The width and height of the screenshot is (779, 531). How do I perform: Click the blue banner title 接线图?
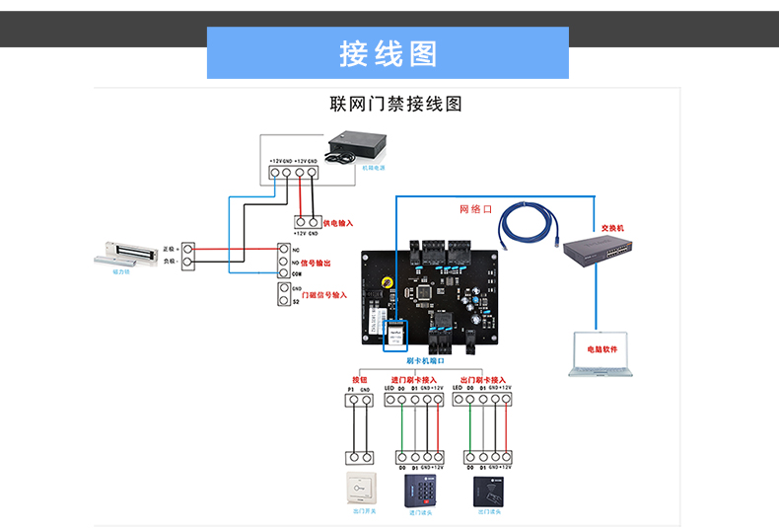point(388,53)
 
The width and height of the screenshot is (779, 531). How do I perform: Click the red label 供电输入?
point(336,224)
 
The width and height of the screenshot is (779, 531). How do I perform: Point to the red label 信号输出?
point(315,263)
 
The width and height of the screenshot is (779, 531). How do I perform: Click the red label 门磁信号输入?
point(324,295)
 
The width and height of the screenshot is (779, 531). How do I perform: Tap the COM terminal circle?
point(282,273)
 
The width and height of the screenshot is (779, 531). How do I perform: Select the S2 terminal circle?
point(282,301)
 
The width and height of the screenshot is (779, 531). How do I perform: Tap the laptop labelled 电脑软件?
point(602,354)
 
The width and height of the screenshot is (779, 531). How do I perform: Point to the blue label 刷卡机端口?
point(425,361)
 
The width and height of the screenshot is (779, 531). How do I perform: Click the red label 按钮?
point(359,379)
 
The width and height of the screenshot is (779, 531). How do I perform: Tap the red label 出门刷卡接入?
point(489,379)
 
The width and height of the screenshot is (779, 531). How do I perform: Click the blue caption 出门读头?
point(490,512)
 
